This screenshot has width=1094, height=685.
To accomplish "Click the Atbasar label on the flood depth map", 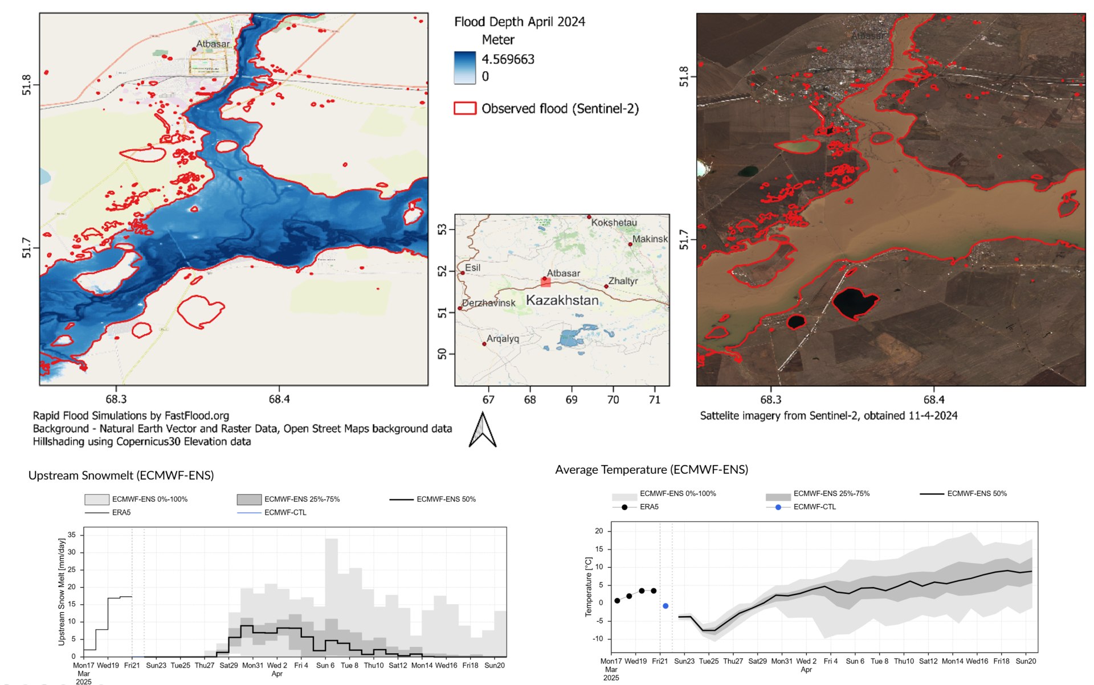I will click(x=213, y=44).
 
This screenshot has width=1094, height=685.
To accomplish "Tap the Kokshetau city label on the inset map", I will click(x=614, y=223).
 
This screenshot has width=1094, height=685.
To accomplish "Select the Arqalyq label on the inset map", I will click(x=503, y=339).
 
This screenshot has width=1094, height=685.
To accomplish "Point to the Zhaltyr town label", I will click(x=623, y=281).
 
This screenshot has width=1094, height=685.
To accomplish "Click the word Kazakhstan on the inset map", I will click(x=562, y=301).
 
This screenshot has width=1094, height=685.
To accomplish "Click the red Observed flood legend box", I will click(x=464, y=109).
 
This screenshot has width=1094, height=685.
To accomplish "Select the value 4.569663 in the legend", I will click(x=508, y=59).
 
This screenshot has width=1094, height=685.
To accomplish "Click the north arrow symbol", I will click(x=482, y=430).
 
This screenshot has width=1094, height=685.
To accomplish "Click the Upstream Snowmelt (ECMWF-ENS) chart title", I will click(x=121, y=475).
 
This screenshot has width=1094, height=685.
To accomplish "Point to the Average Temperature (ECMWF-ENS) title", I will click(x=651, y=470).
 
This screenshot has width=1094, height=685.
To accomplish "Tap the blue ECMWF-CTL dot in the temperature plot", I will click(x=665, y=606).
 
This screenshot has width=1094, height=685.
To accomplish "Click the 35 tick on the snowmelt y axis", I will click(x=72, y=535).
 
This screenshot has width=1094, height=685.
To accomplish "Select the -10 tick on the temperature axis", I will click(x=598, y=639).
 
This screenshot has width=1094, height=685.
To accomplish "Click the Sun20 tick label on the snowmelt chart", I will click(x=494, y=665).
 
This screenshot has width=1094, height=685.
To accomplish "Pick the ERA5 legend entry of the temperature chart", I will click(x=648, y=507).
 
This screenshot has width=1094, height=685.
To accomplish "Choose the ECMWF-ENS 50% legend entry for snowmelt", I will click(x=446, y=499).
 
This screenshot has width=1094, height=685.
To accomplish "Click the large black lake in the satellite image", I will click(x=854, y=302).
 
